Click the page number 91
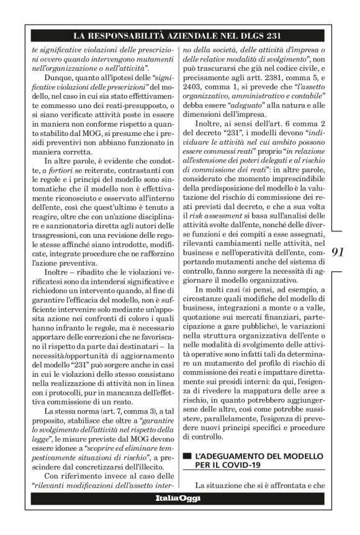tap(338, 252)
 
